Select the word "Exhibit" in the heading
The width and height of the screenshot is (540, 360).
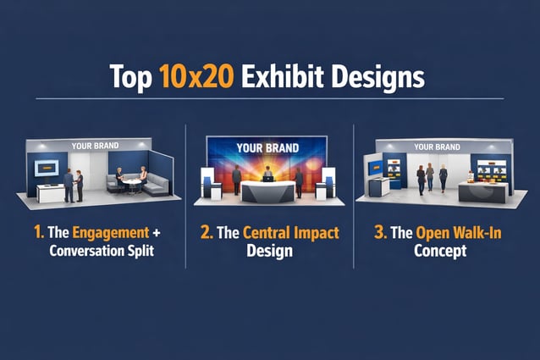[x=283, y=77]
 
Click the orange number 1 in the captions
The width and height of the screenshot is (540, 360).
[x=39, y=231]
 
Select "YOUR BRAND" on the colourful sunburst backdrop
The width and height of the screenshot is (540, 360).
[x=267, y=148]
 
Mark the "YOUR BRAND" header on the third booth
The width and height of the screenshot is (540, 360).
[x=437, y=147]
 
